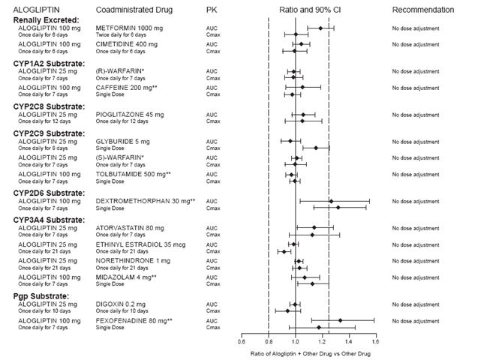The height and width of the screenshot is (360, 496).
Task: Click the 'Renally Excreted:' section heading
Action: [46, 19]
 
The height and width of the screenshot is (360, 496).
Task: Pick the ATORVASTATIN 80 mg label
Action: [128, 227]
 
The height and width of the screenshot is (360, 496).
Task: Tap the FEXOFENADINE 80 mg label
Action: [134, 320]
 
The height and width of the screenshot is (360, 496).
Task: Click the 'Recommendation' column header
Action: [422, 10]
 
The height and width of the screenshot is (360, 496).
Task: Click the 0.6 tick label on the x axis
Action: [242, 341]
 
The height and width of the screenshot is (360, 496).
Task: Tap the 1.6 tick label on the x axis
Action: [374, 341]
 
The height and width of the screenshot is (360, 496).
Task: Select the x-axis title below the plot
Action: [308, 352]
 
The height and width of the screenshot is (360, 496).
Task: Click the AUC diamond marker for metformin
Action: [320, 28]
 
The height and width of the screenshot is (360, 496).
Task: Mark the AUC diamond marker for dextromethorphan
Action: [331, 201]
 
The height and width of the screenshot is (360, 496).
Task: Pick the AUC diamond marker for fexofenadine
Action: [340, 320]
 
